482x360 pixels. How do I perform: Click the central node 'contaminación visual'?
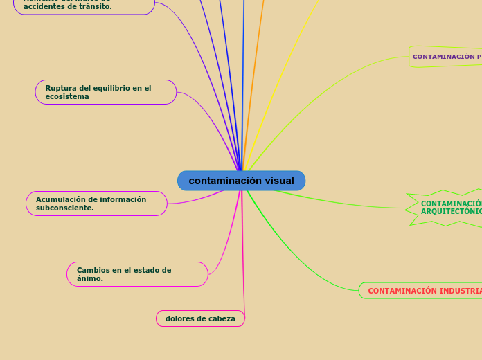tap(241, 181)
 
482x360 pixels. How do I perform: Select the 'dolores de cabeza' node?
tap(200, 318)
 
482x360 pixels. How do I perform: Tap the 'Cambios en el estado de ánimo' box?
tap(137, 274)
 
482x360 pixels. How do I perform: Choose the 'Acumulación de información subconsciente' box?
tap(96, 204)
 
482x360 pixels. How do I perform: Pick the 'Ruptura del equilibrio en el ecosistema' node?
tap(106, 92)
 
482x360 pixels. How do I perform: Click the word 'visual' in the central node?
tap(279, 181)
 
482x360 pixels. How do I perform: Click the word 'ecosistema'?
tap(67, 97)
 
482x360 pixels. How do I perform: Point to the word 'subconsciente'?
tap(64, 208)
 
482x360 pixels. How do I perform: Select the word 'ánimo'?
tap(89, 278)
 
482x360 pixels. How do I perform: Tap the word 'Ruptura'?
tap(60, 88)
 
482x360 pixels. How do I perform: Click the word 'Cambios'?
tap(92, 270)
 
